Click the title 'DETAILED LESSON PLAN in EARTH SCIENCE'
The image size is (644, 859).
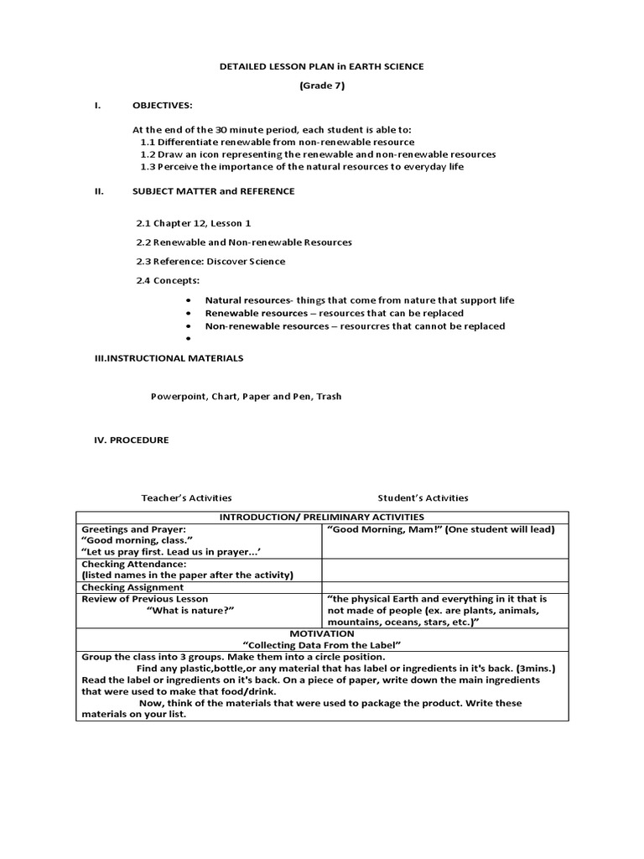click(x=322, y=66)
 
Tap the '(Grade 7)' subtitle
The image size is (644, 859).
click(x=322, y=86)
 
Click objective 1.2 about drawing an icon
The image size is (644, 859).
click(x=318, y=154)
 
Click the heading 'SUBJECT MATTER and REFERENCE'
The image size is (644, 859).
click(x=213, y=191)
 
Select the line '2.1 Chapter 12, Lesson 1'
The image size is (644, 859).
click(x=193, y=223)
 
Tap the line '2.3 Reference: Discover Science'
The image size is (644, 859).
click(x=210, y=261)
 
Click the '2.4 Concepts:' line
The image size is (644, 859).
click(x=168, y=280)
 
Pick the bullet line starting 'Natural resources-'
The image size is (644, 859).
click(x=360, y=300)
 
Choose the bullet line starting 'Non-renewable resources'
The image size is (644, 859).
click(x=355, y=326)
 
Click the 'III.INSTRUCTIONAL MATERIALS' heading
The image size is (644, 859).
click(x=169, y=358)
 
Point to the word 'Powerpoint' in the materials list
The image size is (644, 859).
click(x=175, y=397)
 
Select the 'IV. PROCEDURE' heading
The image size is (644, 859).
click(x=131, y=440)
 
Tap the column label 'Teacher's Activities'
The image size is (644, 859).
click(x=186, y=497)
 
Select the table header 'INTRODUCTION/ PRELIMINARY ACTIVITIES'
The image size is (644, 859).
click(x=322, y=517)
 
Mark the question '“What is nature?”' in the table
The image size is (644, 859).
click(x=190, y=610)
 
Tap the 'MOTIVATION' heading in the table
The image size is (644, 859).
click(x=322, y=633)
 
